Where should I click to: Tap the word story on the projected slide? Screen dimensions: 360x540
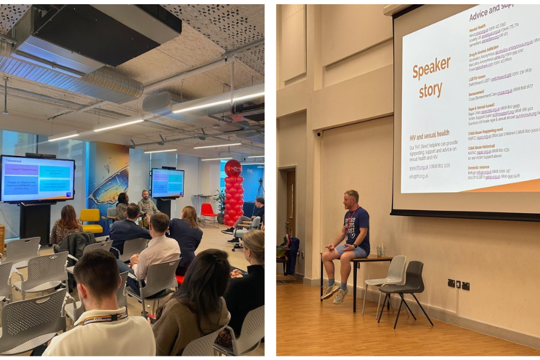[431, 91]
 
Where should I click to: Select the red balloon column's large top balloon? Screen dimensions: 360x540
[233, 168]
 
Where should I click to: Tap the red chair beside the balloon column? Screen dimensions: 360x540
[208, 212]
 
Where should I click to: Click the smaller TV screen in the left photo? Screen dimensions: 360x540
[167, 182]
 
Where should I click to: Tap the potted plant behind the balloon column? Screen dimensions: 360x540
[220, 200]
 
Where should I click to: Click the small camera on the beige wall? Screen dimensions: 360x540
[319, 134]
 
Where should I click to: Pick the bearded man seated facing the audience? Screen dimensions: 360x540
[145, 204]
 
